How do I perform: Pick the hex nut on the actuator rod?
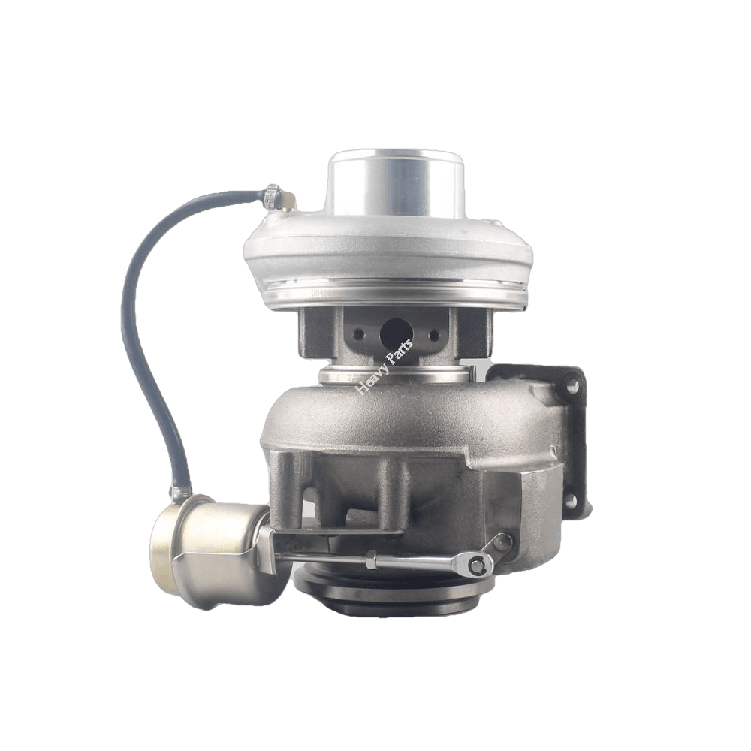click(x=370, y=559)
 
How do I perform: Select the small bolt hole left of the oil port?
click(x=359, y=334)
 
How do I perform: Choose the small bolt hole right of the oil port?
click(x=433, y=335)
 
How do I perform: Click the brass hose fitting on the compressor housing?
click(x=288, y=202)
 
